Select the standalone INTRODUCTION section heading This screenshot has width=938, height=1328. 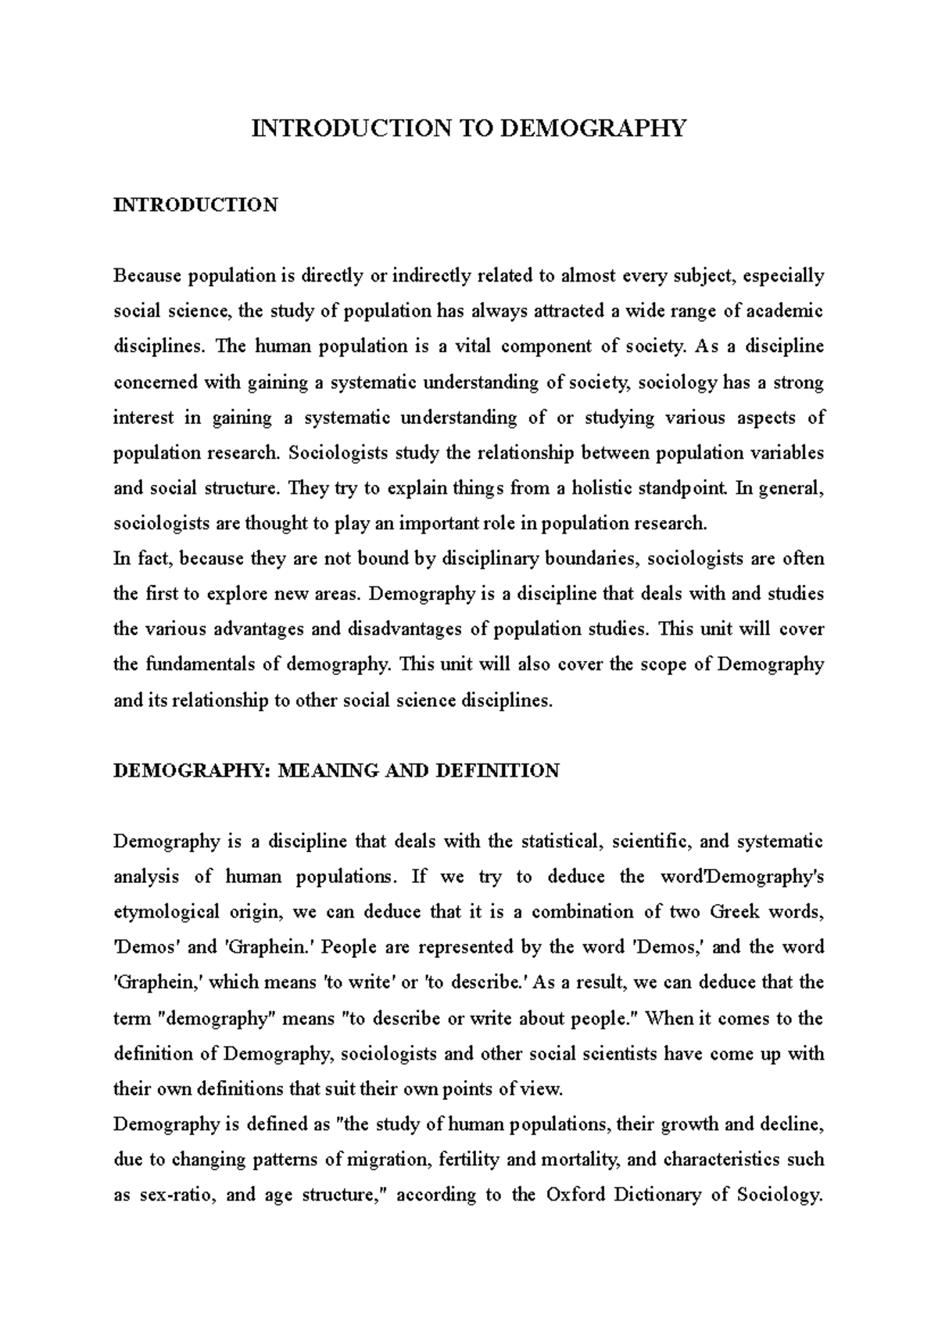[195, 205]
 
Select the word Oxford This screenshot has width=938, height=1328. [576, 1195]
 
